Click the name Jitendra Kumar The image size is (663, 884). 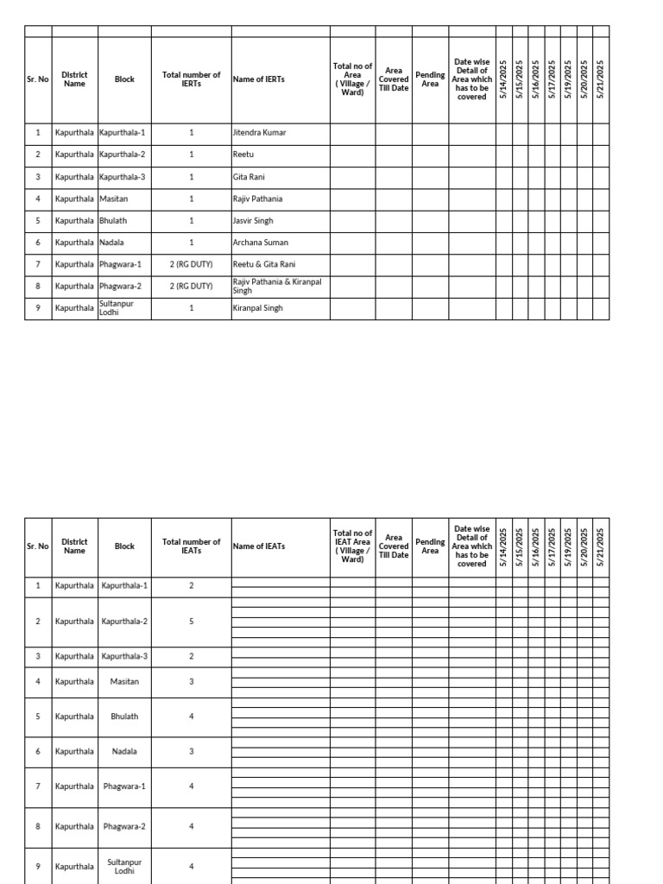pyautogui.click(x=259, y=133)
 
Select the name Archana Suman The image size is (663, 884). pyautogui.click(x=260, y=243)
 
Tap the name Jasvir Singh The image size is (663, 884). pyautogui.click(x=253, y=221)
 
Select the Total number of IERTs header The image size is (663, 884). pyautogui.click(x=191, y=79)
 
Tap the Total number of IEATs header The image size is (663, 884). pyautogui.click(x=191, y=546)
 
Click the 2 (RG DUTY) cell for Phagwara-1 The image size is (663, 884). pyautogui.click(x=191, y=264)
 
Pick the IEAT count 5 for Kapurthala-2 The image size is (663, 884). pyautogui.click(x=191, y=622)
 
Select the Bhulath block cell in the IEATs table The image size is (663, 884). pyautogui.click(x=124, y=717)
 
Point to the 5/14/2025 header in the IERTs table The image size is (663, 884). pyautogui.click(x=503, y=79)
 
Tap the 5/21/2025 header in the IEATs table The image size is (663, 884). pyautogui.click(x=601, y=546)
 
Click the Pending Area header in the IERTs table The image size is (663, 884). pyautogui.click(x=430, y=79)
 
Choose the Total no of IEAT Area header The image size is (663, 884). pyautogui.click(x=352, y=546)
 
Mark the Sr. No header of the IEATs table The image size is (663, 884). pyautogui.click(x=38, y=546)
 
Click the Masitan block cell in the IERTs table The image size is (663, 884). pyautogui.click(x=112, y=199)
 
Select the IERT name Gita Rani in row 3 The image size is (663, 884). pyautogui.click(x=249, y=177)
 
